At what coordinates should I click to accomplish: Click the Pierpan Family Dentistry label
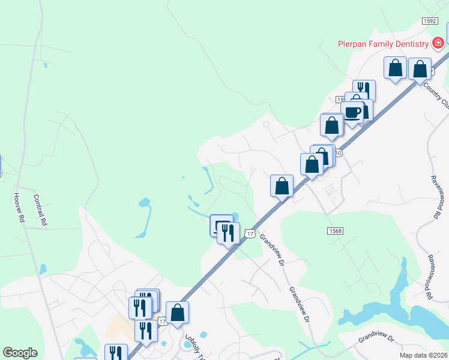click(382, 43)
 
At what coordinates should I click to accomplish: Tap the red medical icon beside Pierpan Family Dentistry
click(438, 43)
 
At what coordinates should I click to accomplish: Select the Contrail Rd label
click(40, 209)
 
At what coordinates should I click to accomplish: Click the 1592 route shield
click(429, 20)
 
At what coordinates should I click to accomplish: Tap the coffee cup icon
click(352, 112)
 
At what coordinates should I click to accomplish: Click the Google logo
click(20, 353)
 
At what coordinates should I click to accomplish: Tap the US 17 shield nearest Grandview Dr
click(250, 233)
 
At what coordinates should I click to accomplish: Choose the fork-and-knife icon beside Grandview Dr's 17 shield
click(228, 232)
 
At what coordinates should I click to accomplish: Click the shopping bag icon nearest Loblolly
click(177, 312)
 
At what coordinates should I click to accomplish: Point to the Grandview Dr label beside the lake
click(375, 339)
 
